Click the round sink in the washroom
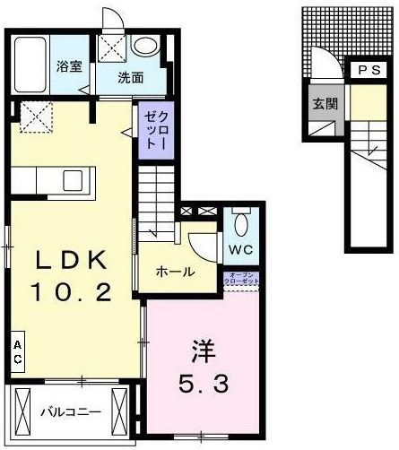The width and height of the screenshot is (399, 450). pyautogui.click(x=144, y=47)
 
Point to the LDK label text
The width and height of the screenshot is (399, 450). pyautogui.click(x=72, y=261)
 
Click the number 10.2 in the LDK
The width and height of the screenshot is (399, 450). pyautogui.click(x=73, y=292)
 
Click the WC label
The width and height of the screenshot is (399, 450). pyautogui.click(x=239, y=247)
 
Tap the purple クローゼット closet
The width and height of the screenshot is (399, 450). pyautogui.click(x=151, y=129)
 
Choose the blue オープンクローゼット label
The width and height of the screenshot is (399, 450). pyautogui.click(x=243, y=279)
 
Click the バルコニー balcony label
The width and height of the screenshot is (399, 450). pyautogui.click(x=71, y=413)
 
